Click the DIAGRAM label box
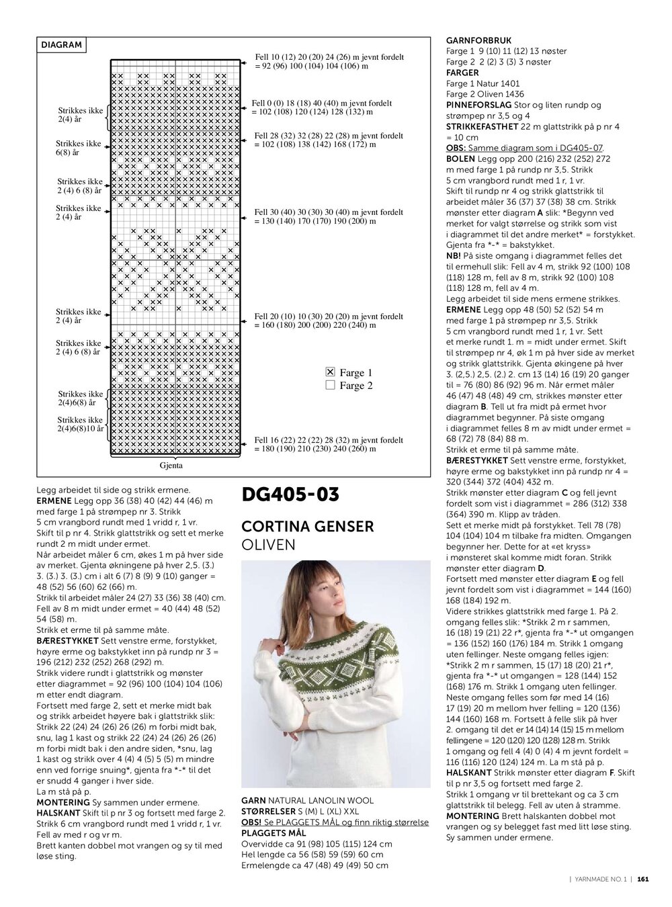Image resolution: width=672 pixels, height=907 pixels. (61, 45)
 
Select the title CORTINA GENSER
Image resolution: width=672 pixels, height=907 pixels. (307, 526)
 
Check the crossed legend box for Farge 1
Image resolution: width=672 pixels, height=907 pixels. (330, 372)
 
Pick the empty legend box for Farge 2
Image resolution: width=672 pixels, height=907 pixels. (330, 385)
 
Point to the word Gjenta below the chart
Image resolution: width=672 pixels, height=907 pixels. (171, 465)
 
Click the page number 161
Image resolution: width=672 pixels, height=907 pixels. (643, 878)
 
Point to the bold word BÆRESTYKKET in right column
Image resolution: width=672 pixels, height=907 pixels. (477, 460)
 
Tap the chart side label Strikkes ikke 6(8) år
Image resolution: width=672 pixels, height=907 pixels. (79, 148)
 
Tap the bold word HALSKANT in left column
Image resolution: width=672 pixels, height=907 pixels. (58, 813)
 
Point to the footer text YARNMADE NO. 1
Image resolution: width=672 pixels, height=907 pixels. (599, 878)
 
